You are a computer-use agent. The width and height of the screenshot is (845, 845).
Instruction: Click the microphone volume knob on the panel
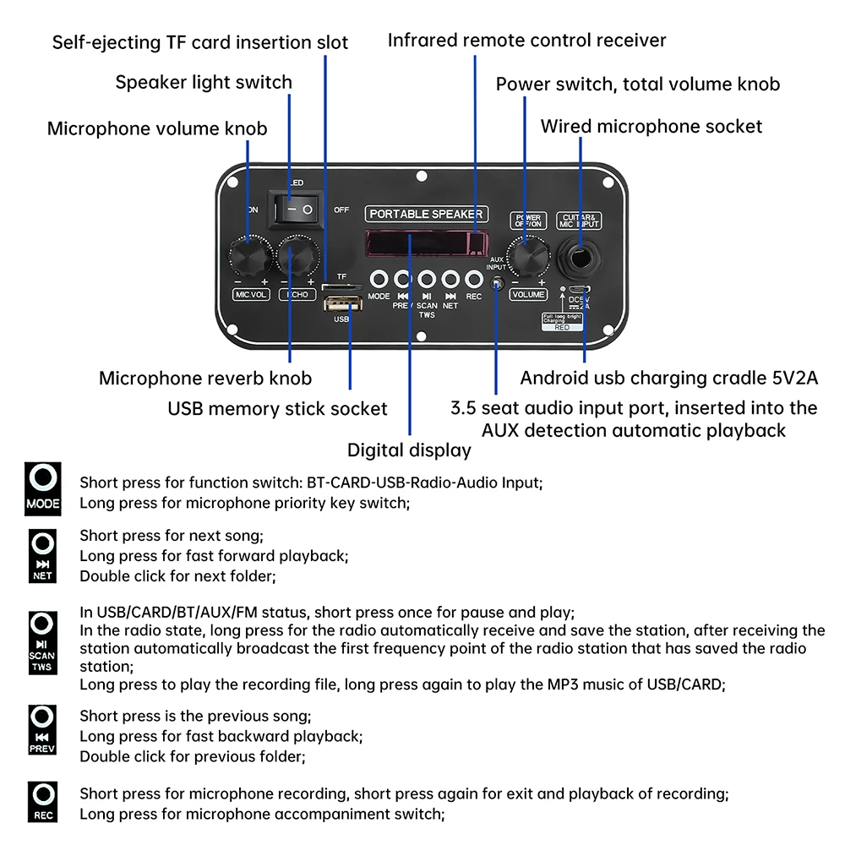(x=249, y=254)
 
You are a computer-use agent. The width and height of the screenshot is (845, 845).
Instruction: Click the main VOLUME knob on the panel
(x=528, y=256)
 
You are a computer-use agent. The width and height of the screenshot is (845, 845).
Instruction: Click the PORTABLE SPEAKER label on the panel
(x=427, y=214)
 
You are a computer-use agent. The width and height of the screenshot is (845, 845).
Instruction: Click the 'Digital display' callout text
(x=409, y=450)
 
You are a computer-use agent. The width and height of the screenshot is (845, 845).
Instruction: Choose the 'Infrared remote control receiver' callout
(x=526, y=40)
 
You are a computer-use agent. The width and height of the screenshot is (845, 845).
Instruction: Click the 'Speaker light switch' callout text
(x=204, y=82)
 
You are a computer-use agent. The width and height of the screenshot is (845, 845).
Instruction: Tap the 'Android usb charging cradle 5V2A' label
(x=668, y=377)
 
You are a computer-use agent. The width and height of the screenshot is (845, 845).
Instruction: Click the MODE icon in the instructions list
(x=43, y=489)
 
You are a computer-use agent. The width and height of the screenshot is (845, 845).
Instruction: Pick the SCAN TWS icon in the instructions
(x=42, y=641)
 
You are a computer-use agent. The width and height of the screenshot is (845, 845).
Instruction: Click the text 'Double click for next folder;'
(x=177, y=576)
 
